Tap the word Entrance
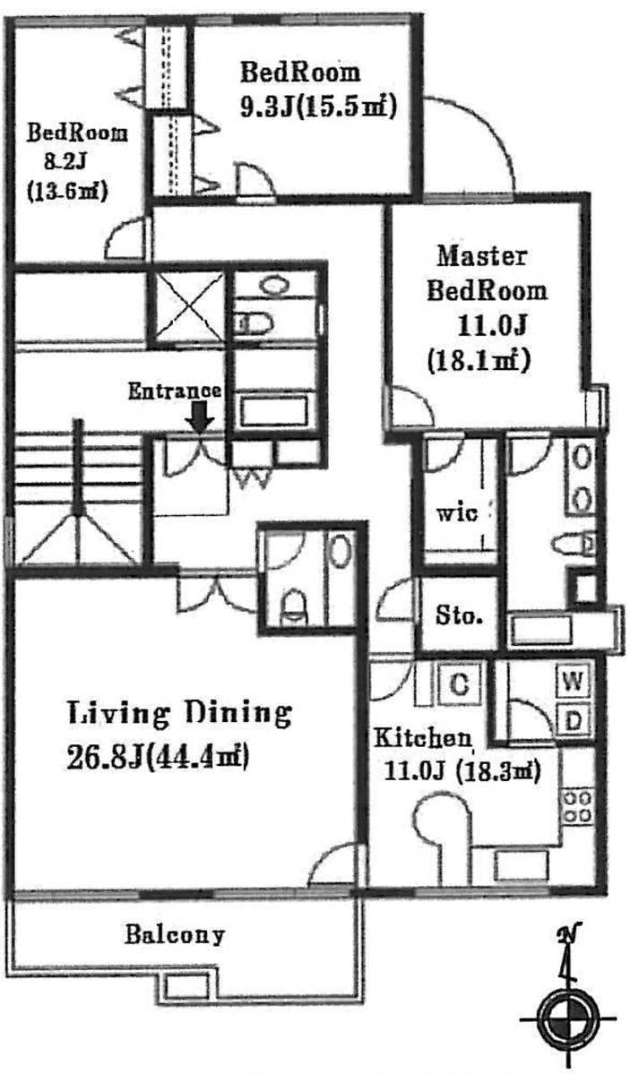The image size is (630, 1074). pos(175,391)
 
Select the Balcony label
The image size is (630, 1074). pos(174,935)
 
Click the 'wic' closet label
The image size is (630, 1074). pos(457,511)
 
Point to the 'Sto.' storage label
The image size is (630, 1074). pos(459,615)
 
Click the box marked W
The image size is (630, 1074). pos(574,683)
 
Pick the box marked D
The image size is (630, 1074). pos(574,719)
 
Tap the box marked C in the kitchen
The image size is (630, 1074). pos(460,683)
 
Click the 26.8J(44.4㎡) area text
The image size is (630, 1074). pos(158,758)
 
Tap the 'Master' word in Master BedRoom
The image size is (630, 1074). pos(483,256)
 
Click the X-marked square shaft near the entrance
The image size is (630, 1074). pos(187,307)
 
